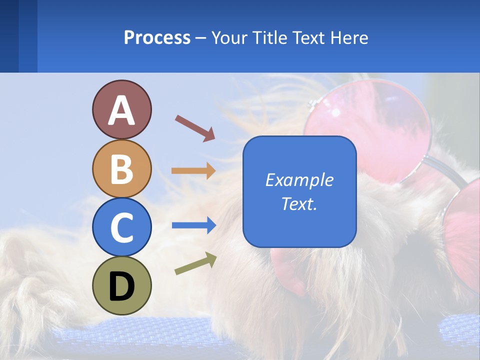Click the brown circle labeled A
coord(121,109)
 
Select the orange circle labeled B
coord(121,168)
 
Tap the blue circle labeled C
coord(121,227)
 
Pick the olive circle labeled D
coord(121,285)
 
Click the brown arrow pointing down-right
coord(194,127)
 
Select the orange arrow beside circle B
coord(193,171)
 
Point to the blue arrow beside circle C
coord(193,225)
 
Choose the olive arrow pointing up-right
coord(195,263)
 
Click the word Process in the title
coord(157,38)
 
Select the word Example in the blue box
coord(299,180)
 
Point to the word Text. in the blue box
coord(299,204)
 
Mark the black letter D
coord(121,287)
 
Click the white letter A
coord(121,110)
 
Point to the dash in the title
coord(201,38)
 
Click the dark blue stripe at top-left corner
coord(9,36)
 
